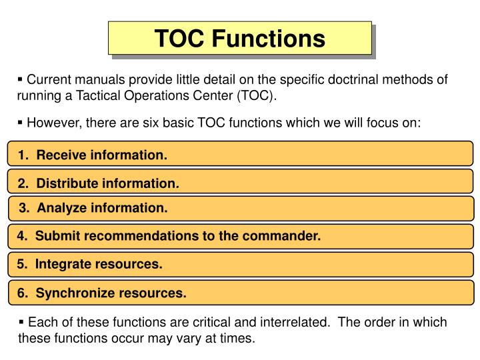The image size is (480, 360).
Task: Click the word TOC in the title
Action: click(181, 39)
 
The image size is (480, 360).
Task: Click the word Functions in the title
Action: click(269, 39)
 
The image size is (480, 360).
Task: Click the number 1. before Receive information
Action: click(24, 156)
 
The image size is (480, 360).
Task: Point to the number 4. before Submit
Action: click(23, 236)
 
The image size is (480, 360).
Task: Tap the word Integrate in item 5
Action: click(65, 264)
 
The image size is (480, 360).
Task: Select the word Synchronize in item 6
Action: click(75, 293)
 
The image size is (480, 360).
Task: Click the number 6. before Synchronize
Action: click(23, 293)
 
